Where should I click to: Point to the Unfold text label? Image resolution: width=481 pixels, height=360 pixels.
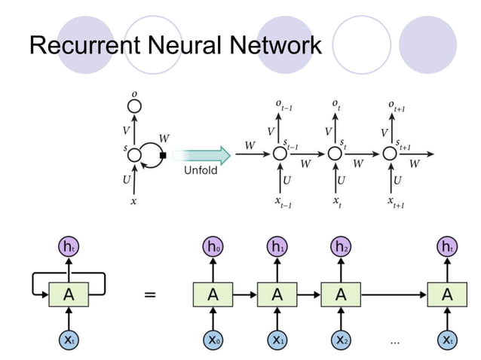201,171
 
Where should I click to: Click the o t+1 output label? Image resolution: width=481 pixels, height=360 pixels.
397,105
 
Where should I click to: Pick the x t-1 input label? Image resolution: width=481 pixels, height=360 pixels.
282,202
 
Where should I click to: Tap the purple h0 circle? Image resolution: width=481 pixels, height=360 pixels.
213,247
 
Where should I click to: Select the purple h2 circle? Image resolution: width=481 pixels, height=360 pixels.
341,247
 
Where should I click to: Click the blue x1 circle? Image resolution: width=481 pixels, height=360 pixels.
277,340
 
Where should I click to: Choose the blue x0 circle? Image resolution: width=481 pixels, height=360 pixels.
213,340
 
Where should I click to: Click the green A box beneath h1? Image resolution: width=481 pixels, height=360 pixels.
277,294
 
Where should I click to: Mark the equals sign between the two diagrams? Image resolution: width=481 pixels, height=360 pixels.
151,295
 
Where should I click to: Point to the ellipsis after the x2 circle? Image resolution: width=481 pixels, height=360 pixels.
394,341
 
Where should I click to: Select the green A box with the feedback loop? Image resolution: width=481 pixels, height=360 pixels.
69,294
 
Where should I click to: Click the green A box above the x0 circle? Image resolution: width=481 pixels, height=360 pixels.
213,294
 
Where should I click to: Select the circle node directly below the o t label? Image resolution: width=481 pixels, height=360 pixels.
335,154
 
